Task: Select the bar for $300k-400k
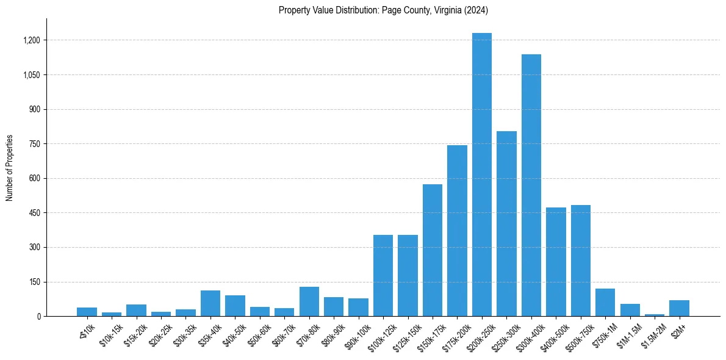coord(531,185)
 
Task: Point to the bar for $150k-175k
coord(433,250)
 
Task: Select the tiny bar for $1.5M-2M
coord(655,315)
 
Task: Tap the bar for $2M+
coord(679,308)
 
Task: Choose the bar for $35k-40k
coord(210,303)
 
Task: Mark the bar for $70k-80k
coord(309,301)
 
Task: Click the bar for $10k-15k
coord(112,314)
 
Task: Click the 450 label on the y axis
coord(34,213)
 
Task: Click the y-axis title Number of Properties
coord(10,168)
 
